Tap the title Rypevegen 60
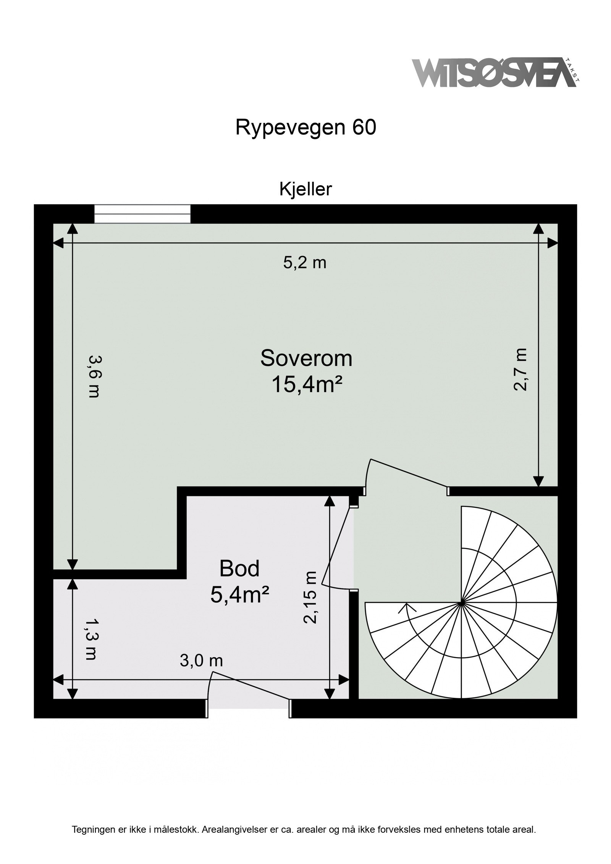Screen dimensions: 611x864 click(306, 128)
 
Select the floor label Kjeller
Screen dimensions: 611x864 click(305, 189)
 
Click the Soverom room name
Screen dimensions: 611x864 click(306, 358)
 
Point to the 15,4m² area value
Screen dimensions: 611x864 click(306, 385)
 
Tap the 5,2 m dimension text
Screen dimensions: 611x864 click(304, 263)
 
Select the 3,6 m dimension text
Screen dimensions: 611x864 click(94, 376)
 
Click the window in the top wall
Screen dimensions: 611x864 click(142, 214)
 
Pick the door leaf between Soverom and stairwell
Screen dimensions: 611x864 click(407, 473)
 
